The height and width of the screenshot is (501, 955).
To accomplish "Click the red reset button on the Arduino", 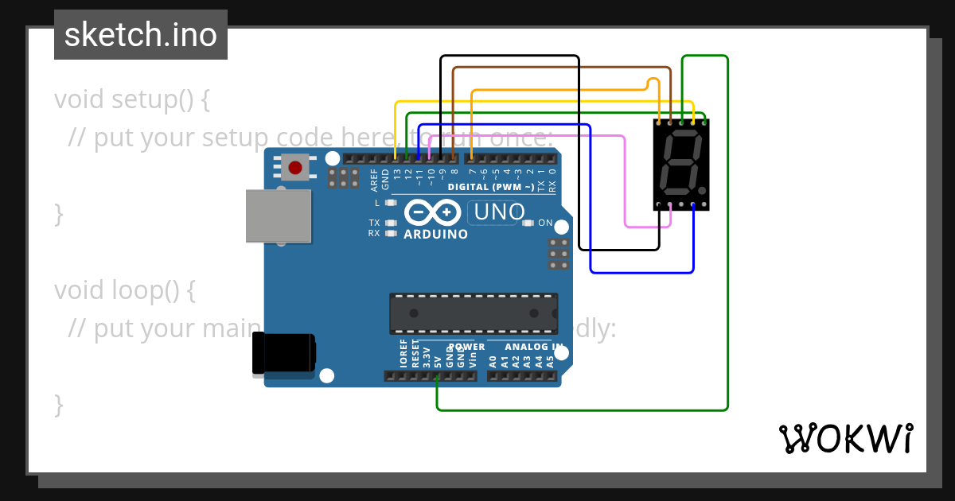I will [x=295, y=167].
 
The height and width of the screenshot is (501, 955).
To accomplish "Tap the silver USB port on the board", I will [x=278, y=216].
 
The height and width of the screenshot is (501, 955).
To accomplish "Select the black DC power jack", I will [x=283, y=354].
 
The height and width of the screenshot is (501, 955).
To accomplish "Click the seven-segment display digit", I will [x=681, y=164].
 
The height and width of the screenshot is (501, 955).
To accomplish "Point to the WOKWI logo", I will [x=846, y=438].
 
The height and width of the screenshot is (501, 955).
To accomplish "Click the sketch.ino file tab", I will [x=141, y=35].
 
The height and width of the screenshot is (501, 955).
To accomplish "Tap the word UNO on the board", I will [x=500, y=212].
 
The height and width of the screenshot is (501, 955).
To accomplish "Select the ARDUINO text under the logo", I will [x=435, y=235].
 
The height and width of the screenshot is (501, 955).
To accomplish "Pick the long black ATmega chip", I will [x=473, y=313].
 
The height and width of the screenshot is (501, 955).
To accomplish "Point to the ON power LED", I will [x=528, y=223].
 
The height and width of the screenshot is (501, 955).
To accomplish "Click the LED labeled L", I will [x=390, y=203].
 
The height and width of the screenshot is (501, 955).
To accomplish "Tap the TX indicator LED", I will [x=390, y=223].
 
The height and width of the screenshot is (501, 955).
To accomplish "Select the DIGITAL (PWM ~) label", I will [x=491, y=187].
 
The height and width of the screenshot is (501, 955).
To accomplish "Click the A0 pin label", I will [x=493, y=361].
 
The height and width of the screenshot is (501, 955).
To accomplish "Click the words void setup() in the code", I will [x=131, y=99].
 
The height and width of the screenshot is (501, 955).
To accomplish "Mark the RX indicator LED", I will [x=390, y=234].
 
